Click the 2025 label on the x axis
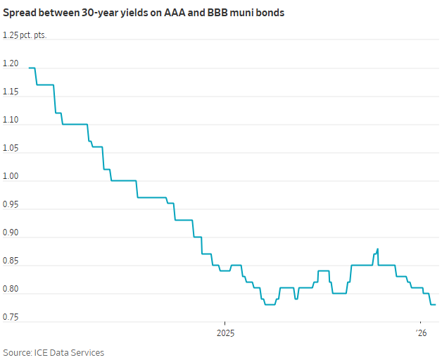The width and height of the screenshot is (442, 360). [x=225, y=332]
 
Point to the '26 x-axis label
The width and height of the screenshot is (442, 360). [x=422, y=332]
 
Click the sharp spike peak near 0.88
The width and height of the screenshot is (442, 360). [x=378, y=249]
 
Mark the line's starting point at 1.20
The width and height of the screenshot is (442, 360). [x=29, y=68]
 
